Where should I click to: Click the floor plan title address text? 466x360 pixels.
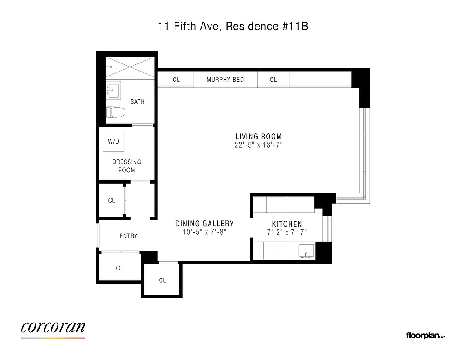[233, 27]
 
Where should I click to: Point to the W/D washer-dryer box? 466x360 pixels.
[113, 141]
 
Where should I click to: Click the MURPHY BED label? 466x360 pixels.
[225, 80]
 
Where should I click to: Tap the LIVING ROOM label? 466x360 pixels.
[259, 136]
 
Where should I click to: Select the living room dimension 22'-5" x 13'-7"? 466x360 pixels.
[259, 145]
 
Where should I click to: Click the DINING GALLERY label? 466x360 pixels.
[204, 224]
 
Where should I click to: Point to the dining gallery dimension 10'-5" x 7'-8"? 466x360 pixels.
[204, 233]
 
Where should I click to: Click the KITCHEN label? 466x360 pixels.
[287, 224]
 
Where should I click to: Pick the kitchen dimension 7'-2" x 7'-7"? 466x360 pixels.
[287, 233]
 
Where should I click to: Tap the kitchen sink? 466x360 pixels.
[307, 251]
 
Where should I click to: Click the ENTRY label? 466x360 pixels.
[129, 236]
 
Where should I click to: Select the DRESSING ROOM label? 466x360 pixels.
[126, 166]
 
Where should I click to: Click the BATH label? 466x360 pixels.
[138, 102]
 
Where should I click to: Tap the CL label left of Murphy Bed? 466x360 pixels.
[176, 80]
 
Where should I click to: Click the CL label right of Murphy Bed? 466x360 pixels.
[273, 80]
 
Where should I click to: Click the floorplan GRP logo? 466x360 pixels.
[425, 335]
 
